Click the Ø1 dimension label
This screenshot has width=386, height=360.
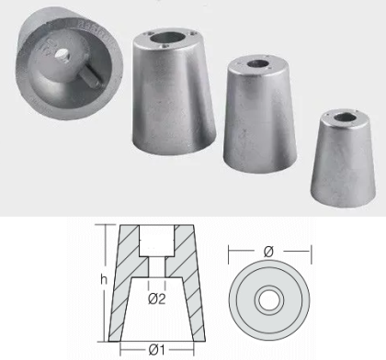pos(157,350)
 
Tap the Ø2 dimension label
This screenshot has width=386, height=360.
pos(157,299)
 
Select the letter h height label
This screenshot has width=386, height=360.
pos(104,279)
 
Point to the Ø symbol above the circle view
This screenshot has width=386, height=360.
pos(268,252)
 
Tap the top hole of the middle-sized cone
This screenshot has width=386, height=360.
pos(258,64)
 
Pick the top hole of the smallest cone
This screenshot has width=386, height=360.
pos(345,117)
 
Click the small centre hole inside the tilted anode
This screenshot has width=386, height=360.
pos(62,55)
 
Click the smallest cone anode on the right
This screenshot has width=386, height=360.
pos(343,158)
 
